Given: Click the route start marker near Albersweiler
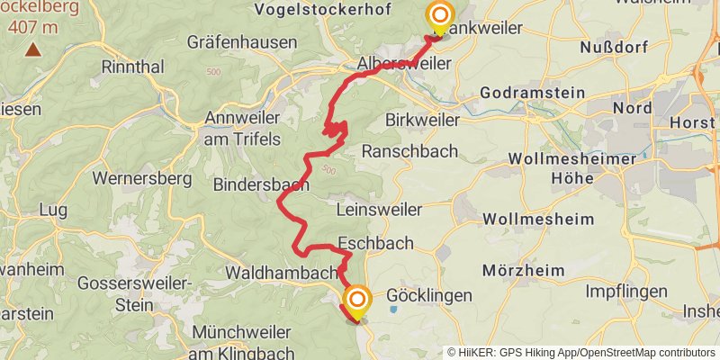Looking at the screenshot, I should [440, 16].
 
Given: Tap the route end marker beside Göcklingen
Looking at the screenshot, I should [357, 300].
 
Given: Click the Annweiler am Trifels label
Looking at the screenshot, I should [243, 128].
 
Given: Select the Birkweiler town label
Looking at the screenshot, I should [422, 120].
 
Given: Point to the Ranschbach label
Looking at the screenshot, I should [409, 151].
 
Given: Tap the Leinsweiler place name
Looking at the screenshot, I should [378, 210].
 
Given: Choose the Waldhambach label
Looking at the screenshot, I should [282, 272].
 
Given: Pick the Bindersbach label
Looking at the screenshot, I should [261, 184].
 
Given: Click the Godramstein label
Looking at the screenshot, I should [533, 93].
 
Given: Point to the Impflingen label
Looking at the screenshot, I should [626, 292].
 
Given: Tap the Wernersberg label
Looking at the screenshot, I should [142, 178].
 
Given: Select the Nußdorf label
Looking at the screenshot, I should [615, 47].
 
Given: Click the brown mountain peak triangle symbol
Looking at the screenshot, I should [32, 49].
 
